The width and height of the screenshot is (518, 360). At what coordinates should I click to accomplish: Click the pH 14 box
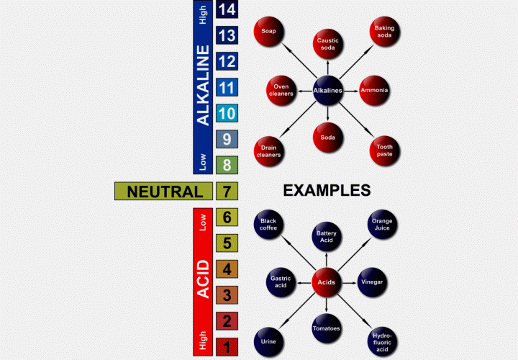tap(227, 9)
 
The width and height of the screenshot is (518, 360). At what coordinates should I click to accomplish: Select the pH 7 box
tap(227, 192)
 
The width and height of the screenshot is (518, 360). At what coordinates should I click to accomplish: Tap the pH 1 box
tap(227, 347)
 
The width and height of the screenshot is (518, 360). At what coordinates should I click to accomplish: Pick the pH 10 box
tap(227, 113)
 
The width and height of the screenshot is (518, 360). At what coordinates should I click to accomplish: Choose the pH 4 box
tap(227, 269)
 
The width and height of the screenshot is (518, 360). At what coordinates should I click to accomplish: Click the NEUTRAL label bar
tap(164, 192)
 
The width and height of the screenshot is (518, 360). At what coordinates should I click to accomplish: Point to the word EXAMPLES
tap(327, 191)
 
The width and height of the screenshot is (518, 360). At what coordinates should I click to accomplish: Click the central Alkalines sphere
tap(327, 91)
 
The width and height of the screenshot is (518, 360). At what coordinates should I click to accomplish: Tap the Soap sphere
tap(268, 31)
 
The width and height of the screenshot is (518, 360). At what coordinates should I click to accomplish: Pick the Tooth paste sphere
tap(385, 150)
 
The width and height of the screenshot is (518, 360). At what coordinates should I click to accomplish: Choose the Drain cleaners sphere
tap(268, 150)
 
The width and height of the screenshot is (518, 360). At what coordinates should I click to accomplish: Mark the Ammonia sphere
tap(374, 91)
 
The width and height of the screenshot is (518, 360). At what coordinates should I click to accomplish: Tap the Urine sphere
tap(268, 341)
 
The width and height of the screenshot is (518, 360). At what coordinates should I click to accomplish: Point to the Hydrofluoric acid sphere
tap(381, 341)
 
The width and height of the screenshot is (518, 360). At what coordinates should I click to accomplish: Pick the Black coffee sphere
tap(268, 223)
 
